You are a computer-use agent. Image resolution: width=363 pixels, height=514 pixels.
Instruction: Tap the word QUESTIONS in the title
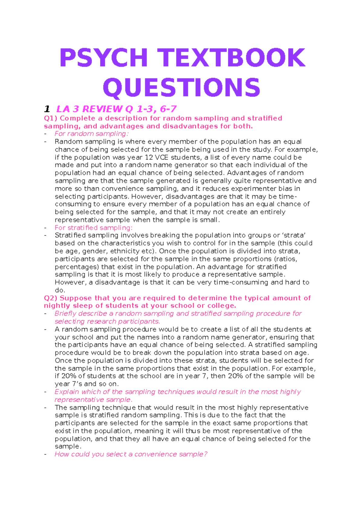point(181,87)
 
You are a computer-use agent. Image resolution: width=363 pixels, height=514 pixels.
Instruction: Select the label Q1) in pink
point(51,118)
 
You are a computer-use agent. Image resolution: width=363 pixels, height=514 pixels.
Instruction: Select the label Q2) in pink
point(51,298)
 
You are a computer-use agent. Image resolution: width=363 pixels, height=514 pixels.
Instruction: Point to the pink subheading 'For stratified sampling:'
point(93,228)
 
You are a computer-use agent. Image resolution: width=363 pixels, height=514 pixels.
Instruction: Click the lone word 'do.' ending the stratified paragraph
point(60,290)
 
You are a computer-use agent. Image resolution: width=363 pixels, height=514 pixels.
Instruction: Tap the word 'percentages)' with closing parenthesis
point(77,267)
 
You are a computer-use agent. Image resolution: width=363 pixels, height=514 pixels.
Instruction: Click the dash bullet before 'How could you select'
point(45,454)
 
